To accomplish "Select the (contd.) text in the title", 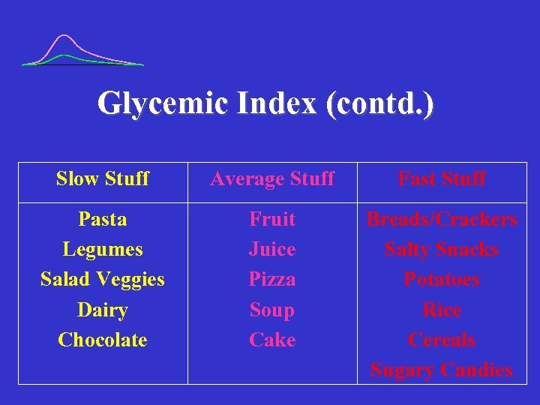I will point(379,103).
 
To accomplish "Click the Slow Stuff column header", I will point(103,178).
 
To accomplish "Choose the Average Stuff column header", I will point(272,178).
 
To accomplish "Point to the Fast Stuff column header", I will point(442,178).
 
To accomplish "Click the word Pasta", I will point(103,219).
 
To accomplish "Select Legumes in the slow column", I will point(103,249).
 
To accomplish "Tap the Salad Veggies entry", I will point(103,279).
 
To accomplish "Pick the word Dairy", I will point(103,310).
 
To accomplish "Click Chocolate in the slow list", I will point(103,340).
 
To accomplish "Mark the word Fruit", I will point(272,219).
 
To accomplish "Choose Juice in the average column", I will point(272,249).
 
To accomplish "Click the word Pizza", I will point(272,279).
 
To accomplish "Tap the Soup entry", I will point(272,310).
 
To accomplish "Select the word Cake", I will point(272,340).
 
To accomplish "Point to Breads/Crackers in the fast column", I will point(442,219).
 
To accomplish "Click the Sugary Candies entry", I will point(442,370).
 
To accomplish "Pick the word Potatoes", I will point(442,279).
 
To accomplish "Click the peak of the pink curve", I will point(65,35).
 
